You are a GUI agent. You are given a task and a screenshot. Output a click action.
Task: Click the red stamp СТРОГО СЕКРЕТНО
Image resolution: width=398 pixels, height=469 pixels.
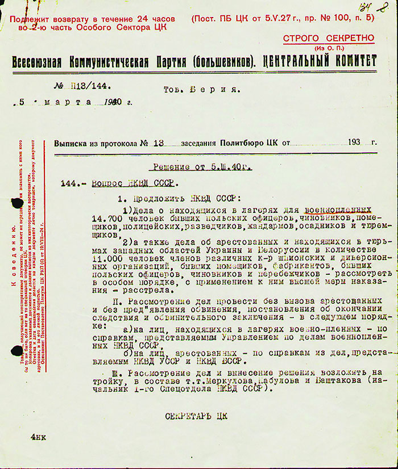click(x=329, y=38)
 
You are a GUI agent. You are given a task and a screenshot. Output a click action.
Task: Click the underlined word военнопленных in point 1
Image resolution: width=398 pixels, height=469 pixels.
click(x=338, y=209)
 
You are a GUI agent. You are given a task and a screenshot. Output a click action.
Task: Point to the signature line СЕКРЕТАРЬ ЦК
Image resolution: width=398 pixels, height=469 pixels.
click(x=196, y=416)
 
